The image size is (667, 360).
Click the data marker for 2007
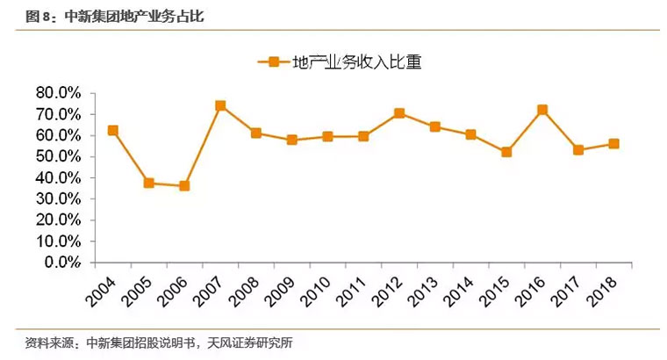tap(220, 105)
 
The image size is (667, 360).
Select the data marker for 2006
tap(184, 186)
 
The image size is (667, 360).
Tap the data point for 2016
tap(542, 110)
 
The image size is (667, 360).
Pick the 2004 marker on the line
tap(112, 130)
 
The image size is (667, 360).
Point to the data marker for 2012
tap(399, 113)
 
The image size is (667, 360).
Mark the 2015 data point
tap(506, 152)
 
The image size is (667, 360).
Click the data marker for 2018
tap(613, 143)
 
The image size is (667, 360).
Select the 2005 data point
tap(148, 184)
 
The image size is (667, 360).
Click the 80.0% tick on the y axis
tap(58, 93)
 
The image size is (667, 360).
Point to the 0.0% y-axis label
tap(62, 262)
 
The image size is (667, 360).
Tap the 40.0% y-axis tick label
tap(58, 177)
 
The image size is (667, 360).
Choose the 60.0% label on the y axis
tap(58, 135)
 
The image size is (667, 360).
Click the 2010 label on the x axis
tap(319, 290)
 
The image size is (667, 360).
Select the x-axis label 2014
tap(462, 290)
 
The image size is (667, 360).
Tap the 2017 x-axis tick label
tap(569, 290)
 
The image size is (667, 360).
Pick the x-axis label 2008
tap(247, 290)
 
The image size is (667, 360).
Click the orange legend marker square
tap(273, 61)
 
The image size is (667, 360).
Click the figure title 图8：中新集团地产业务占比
tap(110, 16)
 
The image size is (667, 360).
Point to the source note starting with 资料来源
tap(159, 342)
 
